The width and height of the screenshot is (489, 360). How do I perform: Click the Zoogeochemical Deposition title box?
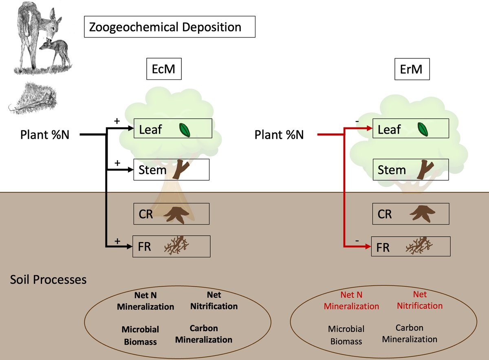click(x=170, y=27)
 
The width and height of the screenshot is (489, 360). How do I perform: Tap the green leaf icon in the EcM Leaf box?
click(x=185, y=130)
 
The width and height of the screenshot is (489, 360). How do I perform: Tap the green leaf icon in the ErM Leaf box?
click(x=424, y=129)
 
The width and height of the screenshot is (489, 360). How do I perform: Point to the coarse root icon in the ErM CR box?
click(x=419, y=213)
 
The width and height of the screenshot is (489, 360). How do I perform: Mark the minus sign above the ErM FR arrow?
click(x=357, y=241)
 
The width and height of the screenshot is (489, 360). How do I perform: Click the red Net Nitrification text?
click(x=420, y=300)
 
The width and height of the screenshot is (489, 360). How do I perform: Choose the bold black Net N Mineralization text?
click(x=145, y=301)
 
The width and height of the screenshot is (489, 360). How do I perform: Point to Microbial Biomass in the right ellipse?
click(x=346, y=334)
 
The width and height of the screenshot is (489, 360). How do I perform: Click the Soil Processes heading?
click(x=48, y=280)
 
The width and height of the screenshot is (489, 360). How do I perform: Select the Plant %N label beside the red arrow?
click(x=279, y=134)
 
